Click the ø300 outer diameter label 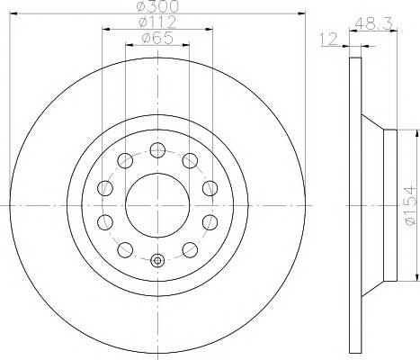point(157,6)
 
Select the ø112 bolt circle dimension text point(157,22)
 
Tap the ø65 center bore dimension point(157,38)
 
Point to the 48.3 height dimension point(374,23)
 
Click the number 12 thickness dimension point(328,39)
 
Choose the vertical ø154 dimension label point(410,205)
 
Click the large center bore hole point(157,205)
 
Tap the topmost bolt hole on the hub point(157,150)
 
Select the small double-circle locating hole point(157,260)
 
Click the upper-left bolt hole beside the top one point(125,160)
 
